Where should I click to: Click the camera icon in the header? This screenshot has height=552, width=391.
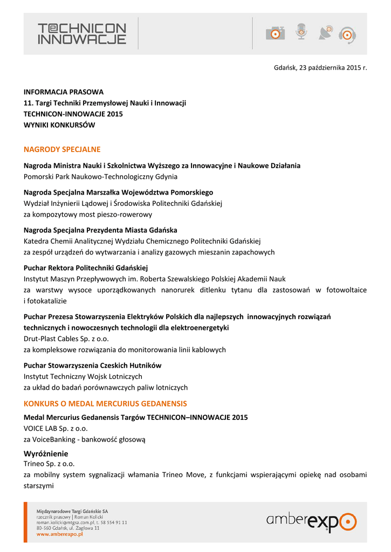pyautogui.click(x=275, y=33)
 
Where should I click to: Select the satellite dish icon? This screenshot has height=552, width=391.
pyautogui.click(x=325, y=33)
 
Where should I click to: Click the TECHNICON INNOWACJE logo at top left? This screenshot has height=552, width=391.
pyautogui.click(x=82, y=33)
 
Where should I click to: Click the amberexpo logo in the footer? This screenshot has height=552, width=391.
pyautogui.click(x=311, y=521)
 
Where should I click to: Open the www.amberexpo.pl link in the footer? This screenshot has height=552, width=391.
pyautogui.click(x=59, y=534)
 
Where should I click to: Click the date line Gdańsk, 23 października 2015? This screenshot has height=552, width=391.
pyautogui.click(x=320, y=68)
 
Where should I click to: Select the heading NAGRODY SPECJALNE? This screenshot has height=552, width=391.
pyautogui.click(x=62, y=149)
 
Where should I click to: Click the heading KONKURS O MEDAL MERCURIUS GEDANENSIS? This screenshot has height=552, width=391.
pyautogui.click(x=105, y=403)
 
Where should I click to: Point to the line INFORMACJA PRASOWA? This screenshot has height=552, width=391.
pyautogui.click(x=64, y=92)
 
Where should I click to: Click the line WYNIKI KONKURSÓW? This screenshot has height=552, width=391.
pyautogui.click(x=59, y=125)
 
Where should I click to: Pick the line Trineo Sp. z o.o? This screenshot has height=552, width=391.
pyautogui.click(x=49, y=464)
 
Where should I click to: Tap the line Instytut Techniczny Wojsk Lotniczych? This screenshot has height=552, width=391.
pyautogui.click(x=83, y=376)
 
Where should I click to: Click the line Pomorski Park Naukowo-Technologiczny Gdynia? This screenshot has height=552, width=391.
pyautogui.click(x=100, y=176)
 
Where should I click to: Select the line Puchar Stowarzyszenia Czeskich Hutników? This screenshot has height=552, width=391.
pyautogui.click(x=93, y=365)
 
